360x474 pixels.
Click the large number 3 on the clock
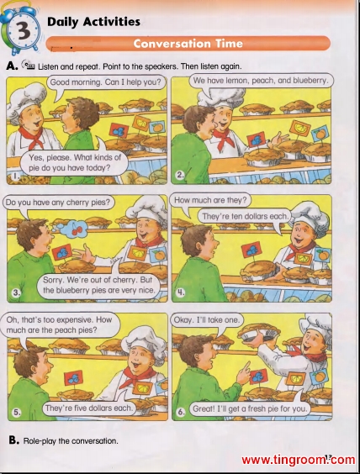(23, 30)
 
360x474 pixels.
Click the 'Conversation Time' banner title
(188, 44)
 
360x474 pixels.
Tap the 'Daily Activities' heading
(93, 22)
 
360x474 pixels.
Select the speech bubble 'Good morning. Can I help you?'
(106, 82)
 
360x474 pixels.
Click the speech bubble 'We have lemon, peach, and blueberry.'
(261, 81)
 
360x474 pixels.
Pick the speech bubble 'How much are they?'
(210, 200)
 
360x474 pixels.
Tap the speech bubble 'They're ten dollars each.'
(245, 217)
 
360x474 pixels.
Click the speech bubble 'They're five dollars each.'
(89, 408)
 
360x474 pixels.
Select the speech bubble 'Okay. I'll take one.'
(207, 320)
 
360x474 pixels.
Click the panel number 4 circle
(180, 292)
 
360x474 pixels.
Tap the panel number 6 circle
(181, 412)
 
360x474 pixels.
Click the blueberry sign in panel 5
(73, 379)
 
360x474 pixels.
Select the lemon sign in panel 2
(299, 129)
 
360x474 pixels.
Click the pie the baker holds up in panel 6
(259, 333)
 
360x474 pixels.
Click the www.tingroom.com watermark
(298, 460)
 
